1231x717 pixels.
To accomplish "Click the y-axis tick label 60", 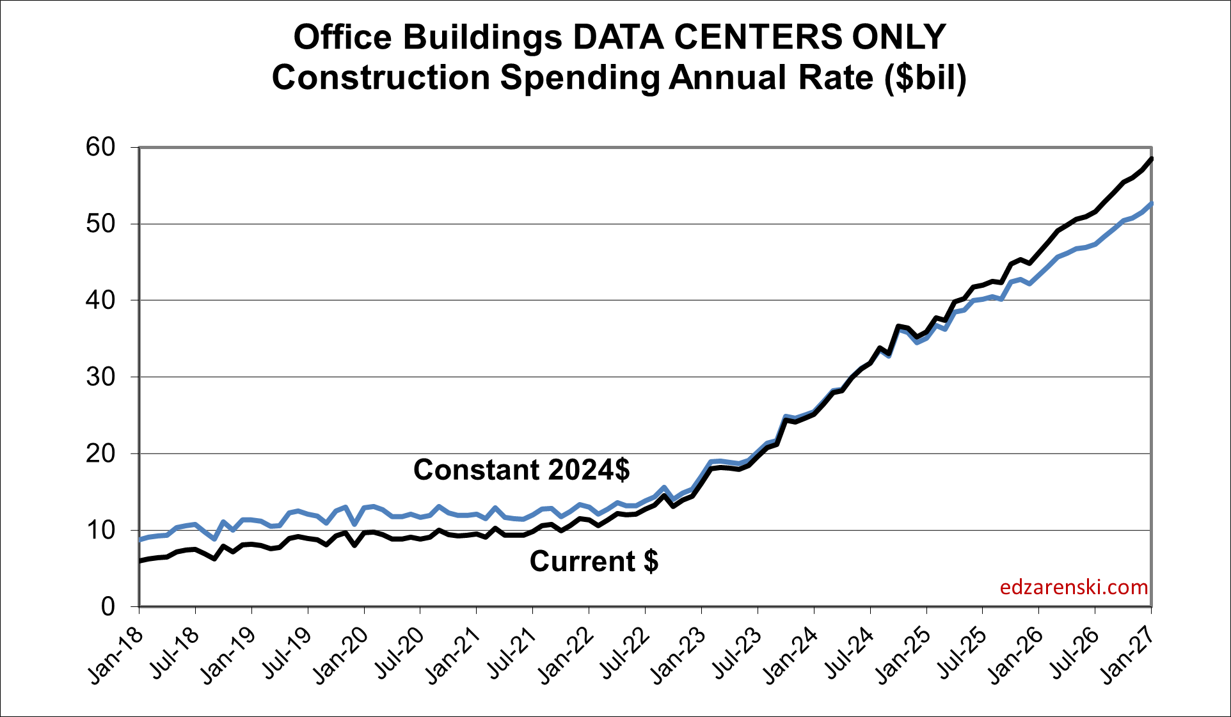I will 100,147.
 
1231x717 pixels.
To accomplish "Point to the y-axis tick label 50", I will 100,224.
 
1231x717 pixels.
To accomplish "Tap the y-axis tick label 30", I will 100,377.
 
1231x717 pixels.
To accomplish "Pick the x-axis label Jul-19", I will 285,655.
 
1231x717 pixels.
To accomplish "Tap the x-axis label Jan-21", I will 453,655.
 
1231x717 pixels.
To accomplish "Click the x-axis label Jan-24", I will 791,655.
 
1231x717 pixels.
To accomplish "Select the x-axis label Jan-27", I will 1129,655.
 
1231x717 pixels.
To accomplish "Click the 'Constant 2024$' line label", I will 521,469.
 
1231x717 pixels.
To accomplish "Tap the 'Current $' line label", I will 594,562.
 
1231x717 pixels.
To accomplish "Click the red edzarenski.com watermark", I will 1074,587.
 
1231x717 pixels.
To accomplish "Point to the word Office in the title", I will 342,37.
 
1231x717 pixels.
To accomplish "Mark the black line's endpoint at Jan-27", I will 1151,159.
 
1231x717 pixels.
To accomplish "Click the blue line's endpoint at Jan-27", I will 1151,204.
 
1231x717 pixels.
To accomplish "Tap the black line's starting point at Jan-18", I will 140,561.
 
